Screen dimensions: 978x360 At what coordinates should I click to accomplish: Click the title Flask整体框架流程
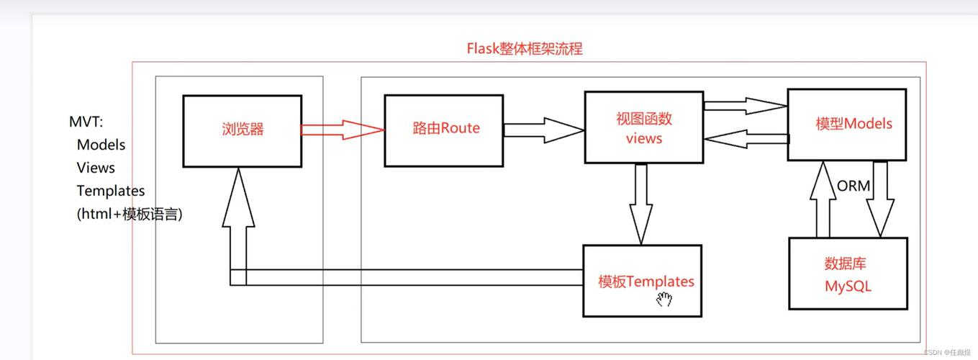point(525,48)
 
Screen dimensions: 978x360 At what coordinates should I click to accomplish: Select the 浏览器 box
point(243,131)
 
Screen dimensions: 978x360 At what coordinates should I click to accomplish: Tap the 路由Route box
point(444,130)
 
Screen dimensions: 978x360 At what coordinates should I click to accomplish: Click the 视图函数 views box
point(644,127)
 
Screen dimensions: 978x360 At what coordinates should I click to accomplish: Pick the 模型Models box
point(847,125)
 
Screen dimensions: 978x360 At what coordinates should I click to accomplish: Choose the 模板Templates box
point(642,281)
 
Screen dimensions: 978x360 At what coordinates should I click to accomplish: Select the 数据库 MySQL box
point(848,274)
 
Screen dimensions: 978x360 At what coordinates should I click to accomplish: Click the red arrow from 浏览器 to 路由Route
point(343,130)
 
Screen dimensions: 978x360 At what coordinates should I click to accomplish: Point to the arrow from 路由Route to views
point(544,130)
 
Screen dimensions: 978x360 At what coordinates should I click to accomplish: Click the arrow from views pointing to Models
point(746,106)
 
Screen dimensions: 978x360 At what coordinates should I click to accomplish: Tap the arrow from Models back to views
point(746,139)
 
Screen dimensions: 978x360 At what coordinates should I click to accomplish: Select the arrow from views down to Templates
point(641,204)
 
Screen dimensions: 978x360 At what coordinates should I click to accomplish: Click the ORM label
point(854,186)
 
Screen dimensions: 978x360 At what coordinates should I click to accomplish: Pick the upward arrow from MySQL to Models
point(823,199)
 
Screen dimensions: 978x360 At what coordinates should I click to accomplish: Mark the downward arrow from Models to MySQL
point(880,199)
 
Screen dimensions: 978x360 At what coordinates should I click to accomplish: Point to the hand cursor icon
point(664,300)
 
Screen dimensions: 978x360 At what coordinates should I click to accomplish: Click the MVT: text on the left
point(86,122)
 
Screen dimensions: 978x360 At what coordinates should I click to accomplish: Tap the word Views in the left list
point(96,168)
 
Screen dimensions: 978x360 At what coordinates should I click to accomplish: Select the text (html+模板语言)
point(130,214)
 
